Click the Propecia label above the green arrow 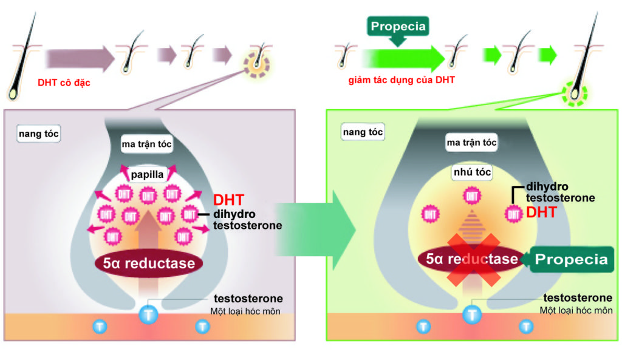[x=398, y=27]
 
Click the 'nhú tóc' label [x=471, y=172]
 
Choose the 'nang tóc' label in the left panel [x=39, y=134]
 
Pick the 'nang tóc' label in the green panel [x=363, y=132]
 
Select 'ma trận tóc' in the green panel [x=471, y=143]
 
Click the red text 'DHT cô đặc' [x=64, y=83]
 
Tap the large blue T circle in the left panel [x=149, y=314]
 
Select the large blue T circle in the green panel [x=472, y=314]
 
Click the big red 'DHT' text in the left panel [x=228, y=200]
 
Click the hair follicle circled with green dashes [x=573, y=94]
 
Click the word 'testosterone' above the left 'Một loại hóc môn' [x=248, y=299]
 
